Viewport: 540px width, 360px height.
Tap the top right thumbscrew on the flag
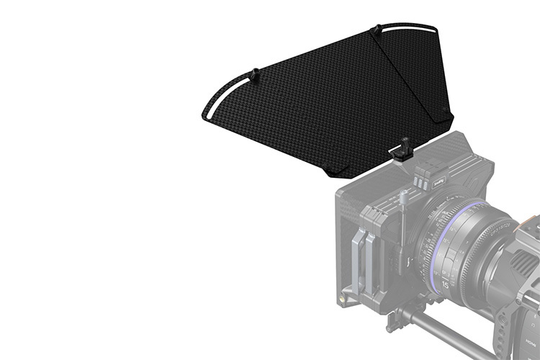coord(375,30)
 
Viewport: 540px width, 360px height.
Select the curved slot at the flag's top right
coord(410,27)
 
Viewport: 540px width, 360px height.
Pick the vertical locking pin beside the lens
coord(403,238)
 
